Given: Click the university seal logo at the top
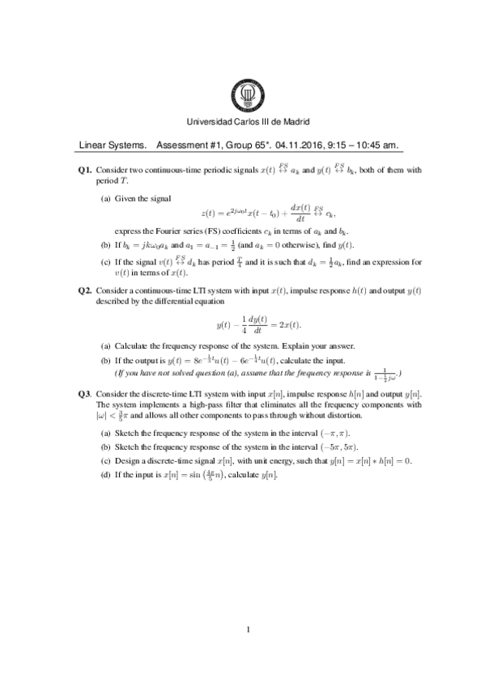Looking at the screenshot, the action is coord(242,96).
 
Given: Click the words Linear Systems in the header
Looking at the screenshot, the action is coord(113,146).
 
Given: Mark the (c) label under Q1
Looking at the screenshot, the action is coord(105,262).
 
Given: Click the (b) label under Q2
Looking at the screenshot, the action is coord(105,360).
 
